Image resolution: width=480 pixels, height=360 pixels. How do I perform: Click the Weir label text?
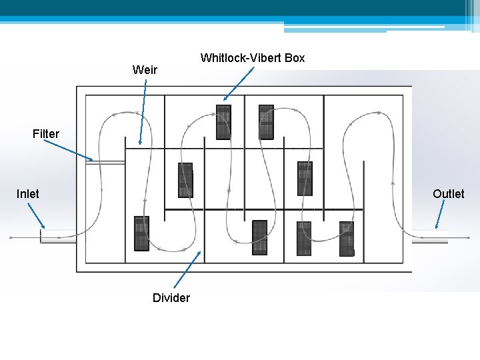click(145, 69)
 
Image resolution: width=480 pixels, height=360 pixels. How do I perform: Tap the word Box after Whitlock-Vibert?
click(293, 58)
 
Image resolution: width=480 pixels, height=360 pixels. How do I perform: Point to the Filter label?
click(45, 134)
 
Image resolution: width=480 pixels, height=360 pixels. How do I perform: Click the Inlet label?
click(27, 194)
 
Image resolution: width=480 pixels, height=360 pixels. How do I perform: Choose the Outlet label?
click(448, 194)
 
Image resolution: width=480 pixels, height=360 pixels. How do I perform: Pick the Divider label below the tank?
click(171, 298)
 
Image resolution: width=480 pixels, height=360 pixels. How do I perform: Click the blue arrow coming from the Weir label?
click(143, 111)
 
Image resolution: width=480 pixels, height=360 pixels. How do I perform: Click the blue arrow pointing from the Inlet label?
click(34, 217)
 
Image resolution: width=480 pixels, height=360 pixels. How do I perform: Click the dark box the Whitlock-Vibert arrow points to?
click(223, 122)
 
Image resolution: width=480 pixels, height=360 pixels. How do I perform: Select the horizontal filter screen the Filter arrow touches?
click(107, 162)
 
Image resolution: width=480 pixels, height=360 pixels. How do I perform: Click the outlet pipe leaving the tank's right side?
click(430, 237)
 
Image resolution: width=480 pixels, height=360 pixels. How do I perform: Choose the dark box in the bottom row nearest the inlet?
click(141, 233)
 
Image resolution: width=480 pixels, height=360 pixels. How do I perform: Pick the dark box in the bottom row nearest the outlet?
click(347, 239)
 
